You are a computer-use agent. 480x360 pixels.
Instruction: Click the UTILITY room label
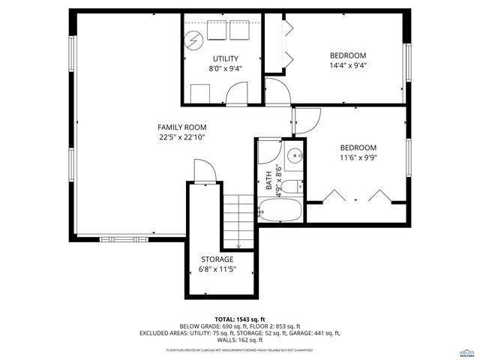click(x=225, y=58)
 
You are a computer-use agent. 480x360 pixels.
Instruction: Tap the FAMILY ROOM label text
click(x=181, y=127)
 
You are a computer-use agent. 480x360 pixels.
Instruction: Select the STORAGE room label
click(x=217, y=259)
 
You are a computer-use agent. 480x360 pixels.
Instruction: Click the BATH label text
click(x=268, y=181)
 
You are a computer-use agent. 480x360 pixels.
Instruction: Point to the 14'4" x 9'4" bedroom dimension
click(x=348, y=65)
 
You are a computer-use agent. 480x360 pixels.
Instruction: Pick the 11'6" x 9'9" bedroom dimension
click(x=358, y=158)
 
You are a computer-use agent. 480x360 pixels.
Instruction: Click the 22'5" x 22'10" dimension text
click(x=181, y=137)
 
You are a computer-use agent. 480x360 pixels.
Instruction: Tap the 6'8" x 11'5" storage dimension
click(x=217, y=269)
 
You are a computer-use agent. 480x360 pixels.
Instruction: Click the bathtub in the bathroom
click(x=279, y=211)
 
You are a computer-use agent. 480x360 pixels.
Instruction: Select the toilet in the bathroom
click(x=295, y=186)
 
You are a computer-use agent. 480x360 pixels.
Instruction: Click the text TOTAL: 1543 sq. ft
click(x=240, y=319)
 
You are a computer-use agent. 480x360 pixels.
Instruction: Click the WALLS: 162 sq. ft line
click(x=240, y=340)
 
